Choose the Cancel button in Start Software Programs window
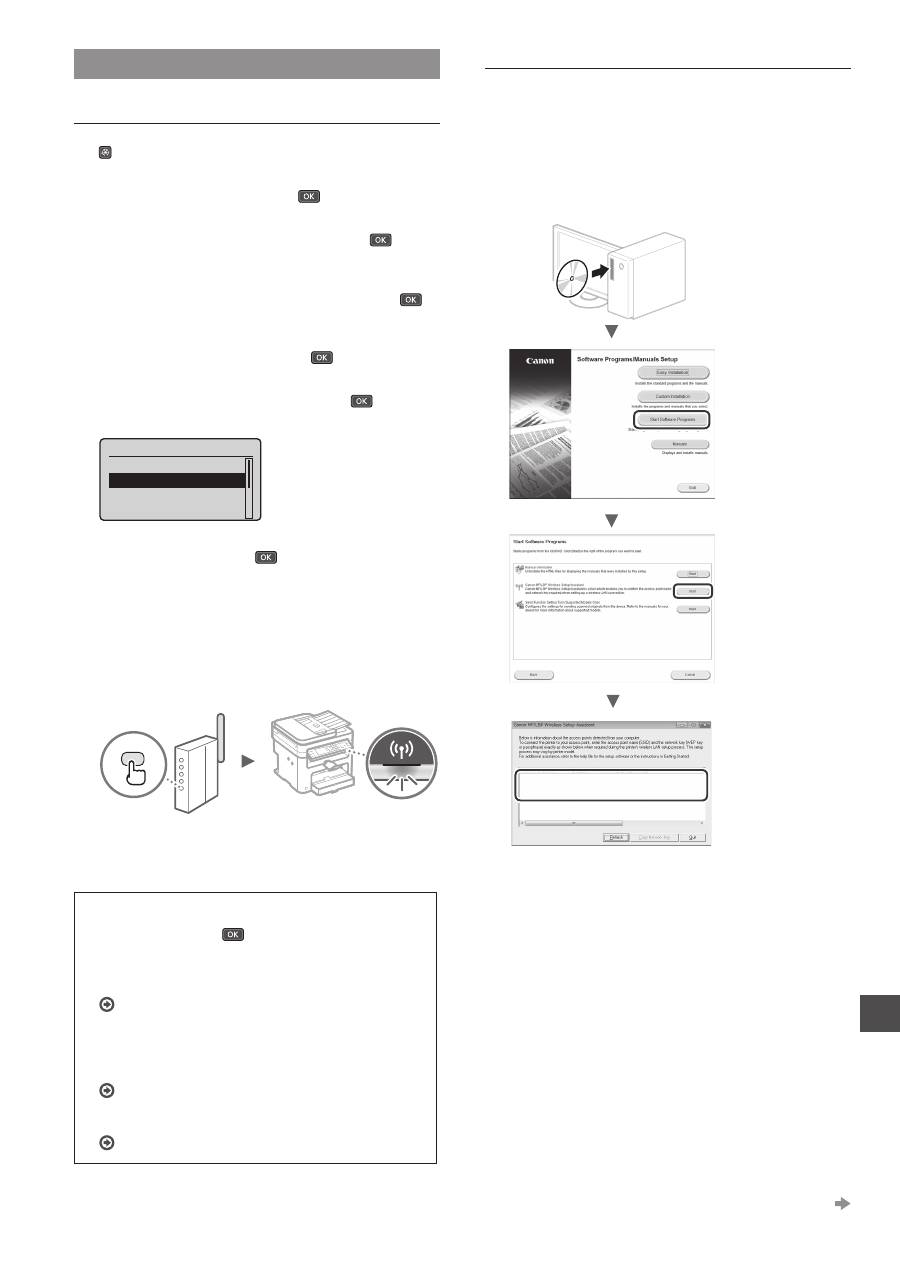(690, 675)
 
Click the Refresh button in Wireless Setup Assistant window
(616, 837)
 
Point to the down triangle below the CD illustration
(612, 331)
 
